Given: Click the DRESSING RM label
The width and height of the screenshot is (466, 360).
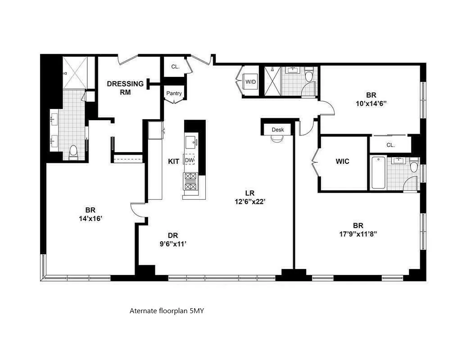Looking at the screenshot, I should coord(125,88).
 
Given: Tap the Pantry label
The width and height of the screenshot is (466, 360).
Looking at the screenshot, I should coord(174,94).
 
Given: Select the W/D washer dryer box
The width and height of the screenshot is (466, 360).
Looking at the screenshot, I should coord(250,82).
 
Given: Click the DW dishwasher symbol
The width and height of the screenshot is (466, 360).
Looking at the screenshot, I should coord(190,161).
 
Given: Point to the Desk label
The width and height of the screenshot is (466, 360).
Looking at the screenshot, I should coord(278,130).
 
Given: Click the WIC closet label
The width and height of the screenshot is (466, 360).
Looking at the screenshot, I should coord(343,162).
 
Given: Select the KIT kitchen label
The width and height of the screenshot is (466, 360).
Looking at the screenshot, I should coord(174,161).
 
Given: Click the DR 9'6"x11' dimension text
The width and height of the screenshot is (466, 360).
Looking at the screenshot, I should coord(173,239).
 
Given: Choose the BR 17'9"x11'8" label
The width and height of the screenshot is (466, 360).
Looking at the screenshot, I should coord(358,229).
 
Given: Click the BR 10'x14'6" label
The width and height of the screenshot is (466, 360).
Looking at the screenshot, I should coord(371,99).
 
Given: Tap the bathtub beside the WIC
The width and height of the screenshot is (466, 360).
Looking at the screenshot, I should coord(378,172).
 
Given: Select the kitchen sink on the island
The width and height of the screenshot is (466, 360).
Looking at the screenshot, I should coord(190,142).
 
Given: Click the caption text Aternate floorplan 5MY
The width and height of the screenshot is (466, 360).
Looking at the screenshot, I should coord(167,310).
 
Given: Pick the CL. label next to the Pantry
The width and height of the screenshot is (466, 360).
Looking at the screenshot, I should coord(175,67).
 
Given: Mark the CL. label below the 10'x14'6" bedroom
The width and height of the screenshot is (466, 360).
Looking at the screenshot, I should coord(391,145).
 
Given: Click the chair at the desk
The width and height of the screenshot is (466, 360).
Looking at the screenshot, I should coord(276,139).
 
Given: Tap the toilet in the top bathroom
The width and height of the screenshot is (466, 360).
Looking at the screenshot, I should coord(309,75).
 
